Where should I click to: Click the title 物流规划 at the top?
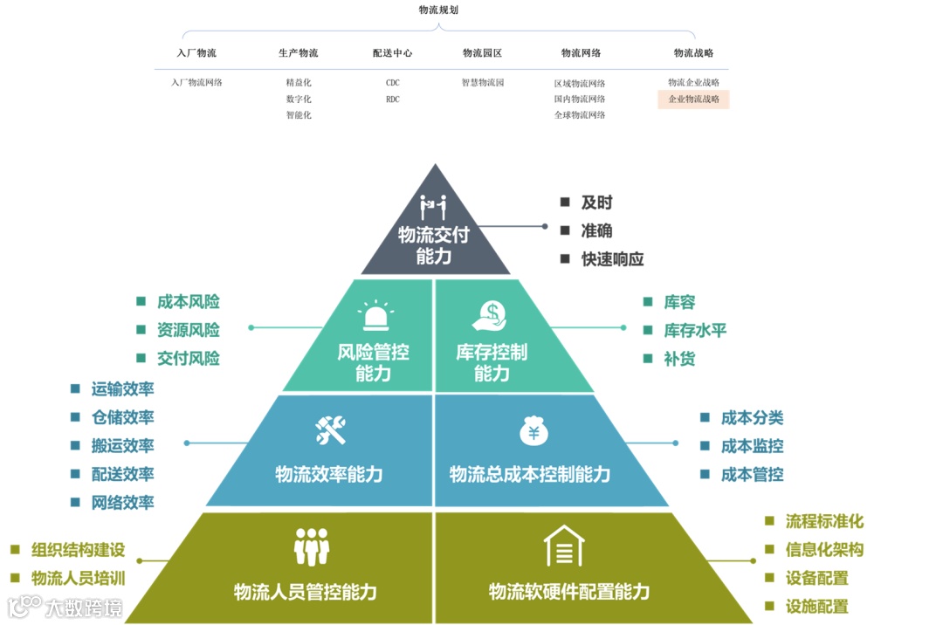[438, 10]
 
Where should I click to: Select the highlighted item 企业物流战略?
[693, 100]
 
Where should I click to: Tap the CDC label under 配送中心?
[393, 83]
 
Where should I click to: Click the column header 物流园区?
[482, 53]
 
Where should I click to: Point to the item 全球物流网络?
[579, 115]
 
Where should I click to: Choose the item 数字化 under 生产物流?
[299, 100]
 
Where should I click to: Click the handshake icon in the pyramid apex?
[433, 207]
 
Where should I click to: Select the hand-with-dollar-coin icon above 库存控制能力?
[491, 315]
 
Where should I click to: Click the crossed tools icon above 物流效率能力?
[331, 429]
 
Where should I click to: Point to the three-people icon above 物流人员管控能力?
[312, 546]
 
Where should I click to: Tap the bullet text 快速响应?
[613, 259]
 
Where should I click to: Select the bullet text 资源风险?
[189, 330]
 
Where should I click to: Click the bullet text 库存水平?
[695, 330]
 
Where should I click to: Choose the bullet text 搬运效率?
[123, 445]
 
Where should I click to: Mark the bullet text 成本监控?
[753, 446]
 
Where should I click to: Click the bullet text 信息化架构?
[825, 550]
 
